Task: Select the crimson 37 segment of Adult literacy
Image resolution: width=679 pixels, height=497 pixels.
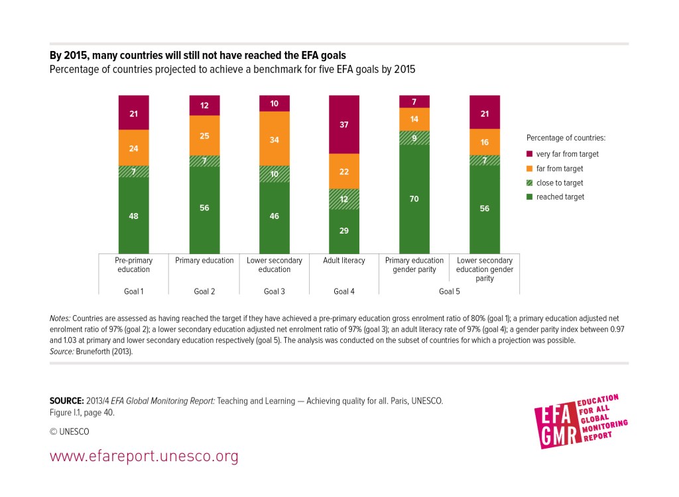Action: point(345,124)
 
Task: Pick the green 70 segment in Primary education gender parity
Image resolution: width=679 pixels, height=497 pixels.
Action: point(414,198)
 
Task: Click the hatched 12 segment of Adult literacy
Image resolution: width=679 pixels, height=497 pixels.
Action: point(345,199)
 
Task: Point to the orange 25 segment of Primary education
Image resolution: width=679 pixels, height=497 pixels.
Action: point(204,135)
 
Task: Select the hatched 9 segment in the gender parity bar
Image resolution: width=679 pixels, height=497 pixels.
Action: point(414,137)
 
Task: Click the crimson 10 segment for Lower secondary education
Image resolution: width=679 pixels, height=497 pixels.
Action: point(275,103)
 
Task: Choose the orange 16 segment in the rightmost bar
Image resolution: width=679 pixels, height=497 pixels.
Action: point(485,141)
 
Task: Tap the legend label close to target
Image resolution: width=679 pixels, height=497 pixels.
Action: point(560,182)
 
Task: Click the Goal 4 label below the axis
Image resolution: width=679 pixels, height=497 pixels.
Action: point(345,291)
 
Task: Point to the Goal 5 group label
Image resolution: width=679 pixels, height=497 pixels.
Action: point(450,291)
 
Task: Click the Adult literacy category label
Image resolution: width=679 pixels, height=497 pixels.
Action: point(345,261)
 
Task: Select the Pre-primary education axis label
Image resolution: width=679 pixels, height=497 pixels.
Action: point(133,265)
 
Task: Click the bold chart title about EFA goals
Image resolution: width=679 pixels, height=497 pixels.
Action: point(198,56)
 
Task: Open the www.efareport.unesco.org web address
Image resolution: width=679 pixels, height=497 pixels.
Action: point(144,457)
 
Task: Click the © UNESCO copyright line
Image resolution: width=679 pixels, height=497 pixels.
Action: point(70,431)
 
